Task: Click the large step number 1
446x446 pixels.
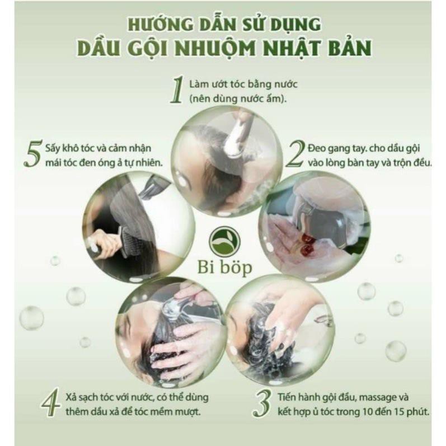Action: pyautogui.click(x=177, y=90)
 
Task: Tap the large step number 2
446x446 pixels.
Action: pyautogui.click(x=295, y=154)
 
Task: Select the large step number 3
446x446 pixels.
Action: pyautogui.click(x=262, y=403)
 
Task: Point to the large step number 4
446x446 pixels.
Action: pyautogui.click(x=50, y=401)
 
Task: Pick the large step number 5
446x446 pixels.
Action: pyautogui.click(x=33, y=153)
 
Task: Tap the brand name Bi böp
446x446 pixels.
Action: pyautogui.click(x=225, y=267)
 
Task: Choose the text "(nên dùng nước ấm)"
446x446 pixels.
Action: pyautogui.click(x=238, y=98)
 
